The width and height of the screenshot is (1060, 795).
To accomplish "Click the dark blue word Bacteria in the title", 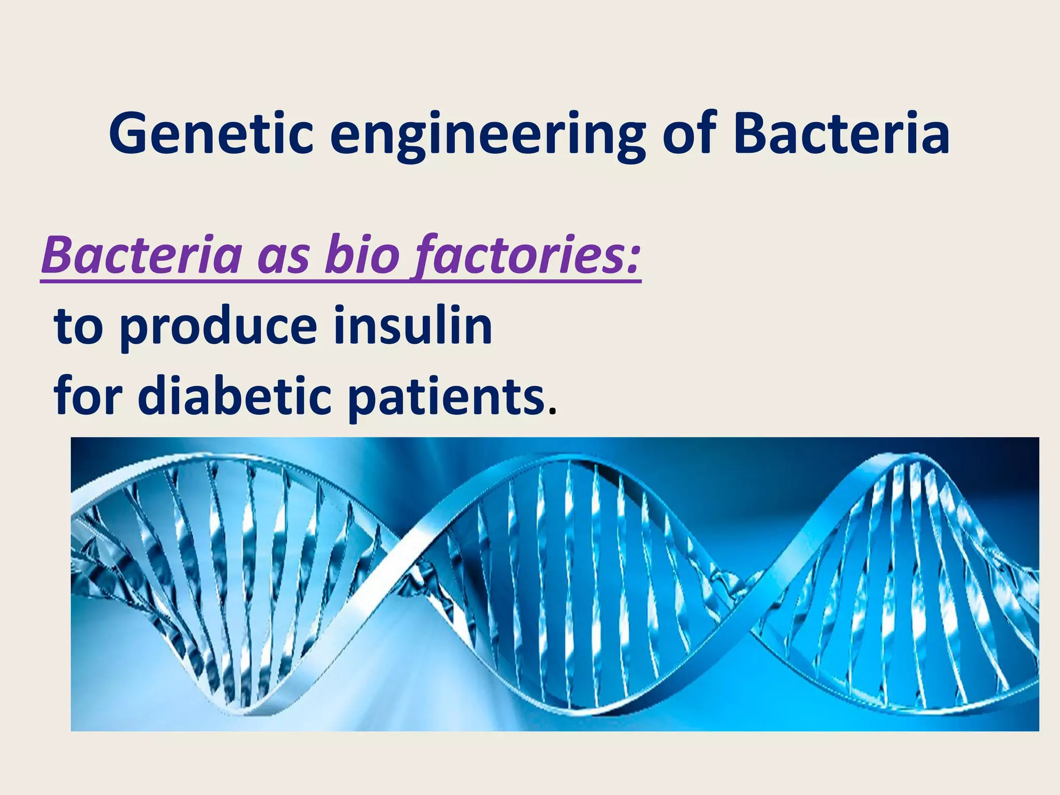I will (x=842, y=134).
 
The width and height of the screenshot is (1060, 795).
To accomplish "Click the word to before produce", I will (x=79, y=327).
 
